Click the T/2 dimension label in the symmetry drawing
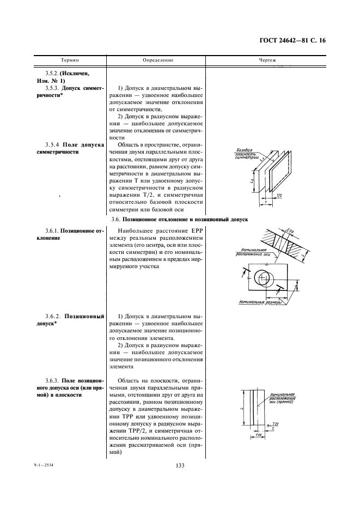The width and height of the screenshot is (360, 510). click(x=280, y=195)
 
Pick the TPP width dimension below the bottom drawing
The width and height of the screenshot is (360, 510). click(x=259, y=436)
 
